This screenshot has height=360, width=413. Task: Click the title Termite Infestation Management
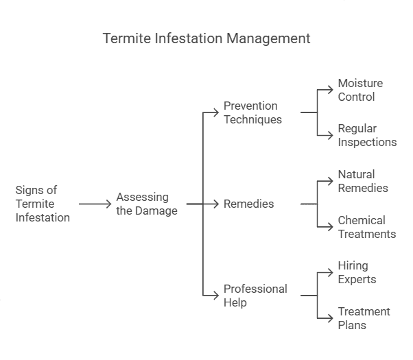pyautogui.click(x=206, y=38)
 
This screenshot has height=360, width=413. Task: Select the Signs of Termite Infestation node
pyautogui.click(x=43, y=204)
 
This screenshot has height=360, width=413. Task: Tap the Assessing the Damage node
pyautogui.click(x=147, y=204)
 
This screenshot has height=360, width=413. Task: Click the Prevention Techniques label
pyautogui.click(x=252, y=112)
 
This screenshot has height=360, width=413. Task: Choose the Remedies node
pyautogui.click(x=248, y=204)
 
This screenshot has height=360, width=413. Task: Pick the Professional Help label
pyautogui.click(x=255, y=296)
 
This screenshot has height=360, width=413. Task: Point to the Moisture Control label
pyautogui.click(x=360, y=90)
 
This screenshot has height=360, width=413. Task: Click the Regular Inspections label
pyautogui.click(x=367, y=135)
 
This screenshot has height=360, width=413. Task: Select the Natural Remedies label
pyautogui.click(x=363, y=181)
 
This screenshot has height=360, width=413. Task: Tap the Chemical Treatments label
pyautogui.click(x=366, y=227)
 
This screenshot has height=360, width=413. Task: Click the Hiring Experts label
pyautogui.click(x=357, y=272)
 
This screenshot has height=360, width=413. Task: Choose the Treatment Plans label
pyautogui.click(x=364, y=318)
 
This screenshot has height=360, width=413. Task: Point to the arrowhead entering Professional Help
pyautogui.click(x=217, y=296)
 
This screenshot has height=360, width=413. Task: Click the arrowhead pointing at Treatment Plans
pyautogui.click(x=331, y=318)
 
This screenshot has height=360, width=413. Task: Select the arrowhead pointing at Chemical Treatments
pyautogui.click(x=331, y=227)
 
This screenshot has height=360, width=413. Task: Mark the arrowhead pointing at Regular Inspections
pyautogui.click(x=331, y=135)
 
